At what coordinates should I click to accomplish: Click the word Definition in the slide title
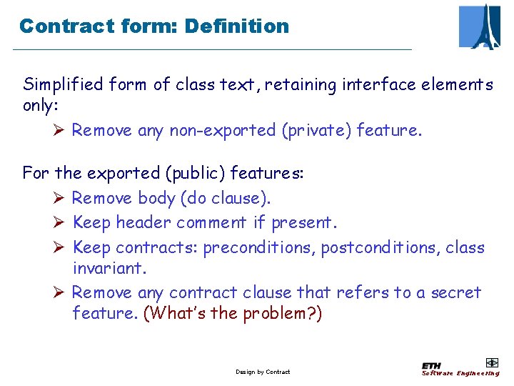coord(236,26)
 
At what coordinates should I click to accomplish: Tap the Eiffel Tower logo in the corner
coord(479,26)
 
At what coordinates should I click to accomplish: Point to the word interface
coord(382,85)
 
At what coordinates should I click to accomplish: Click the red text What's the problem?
coord(233,313)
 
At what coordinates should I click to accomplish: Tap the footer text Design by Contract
coord(263,372)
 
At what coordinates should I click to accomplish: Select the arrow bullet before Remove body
coord(59,197)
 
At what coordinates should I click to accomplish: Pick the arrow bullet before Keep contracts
coord(59,248)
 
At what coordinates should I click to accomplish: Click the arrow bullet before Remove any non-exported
coord(59,130)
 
